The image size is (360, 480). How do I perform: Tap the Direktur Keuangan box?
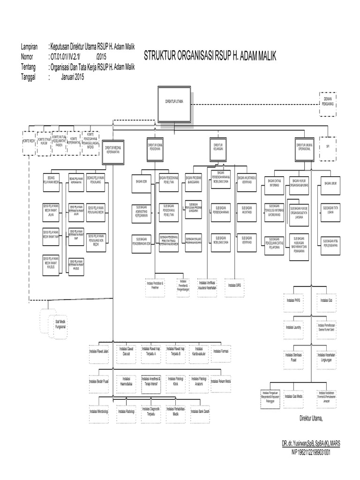pyautogui.click(x=217, y=146)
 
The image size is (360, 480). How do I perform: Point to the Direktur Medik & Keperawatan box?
pyautogui.click(x=114, y=150)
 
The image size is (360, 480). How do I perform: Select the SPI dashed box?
pyautogui.click(x=328, y=146)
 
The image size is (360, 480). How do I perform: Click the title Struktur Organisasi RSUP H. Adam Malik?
pyautogui.click(x=210, y=56)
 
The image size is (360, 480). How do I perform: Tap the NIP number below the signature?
pyautogui.click(x=311, y=453)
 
